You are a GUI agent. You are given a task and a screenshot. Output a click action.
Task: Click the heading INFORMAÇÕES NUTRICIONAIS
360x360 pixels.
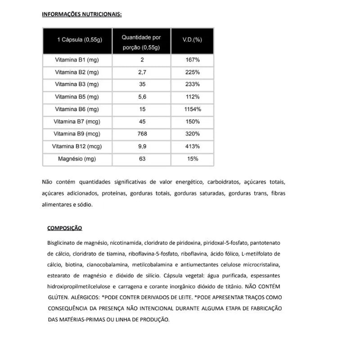click(81, 14)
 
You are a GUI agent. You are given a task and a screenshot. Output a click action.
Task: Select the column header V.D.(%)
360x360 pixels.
click(192, 40)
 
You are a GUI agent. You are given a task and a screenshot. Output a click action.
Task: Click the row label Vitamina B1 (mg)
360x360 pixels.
click(76, 60)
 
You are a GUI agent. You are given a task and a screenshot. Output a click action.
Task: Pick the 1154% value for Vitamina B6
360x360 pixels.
click(192, 109)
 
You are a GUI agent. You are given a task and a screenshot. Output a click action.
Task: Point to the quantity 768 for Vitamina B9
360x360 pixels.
click(142, 134)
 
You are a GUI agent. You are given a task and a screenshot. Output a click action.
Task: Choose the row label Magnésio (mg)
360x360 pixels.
click(76, 159)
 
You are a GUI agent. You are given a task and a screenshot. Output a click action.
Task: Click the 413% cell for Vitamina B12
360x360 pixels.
click(192, 146)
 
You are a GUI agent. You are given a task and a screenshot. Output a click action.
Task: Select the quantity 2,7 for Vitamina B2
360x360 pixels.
click(142, 72)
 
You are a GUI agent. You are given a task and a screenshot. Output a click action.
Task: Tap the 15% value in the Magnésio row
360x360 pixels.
click(192, 159)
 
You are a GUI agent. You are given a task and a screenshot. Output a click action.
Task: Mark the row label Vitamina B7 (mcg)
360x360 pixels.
click(76, 121)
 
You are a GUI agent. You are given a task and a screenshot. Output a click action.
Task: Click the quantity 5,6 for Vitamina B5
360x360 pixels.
click(142, 97)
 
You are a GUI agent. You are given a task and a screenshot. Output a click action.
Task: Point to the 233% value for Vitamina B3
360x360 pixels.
click(192, 85)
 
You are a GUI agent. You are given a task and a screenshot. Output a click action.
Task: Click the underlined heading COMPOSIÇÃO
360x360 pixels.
click(65, 228)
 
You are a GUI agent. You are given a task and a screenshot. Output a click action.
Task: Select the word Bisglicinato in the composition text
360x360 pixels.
click(62, 243)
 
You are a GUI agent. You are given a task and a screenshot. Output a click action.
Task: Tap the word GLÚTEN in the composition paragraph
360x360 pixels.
click(58, 297)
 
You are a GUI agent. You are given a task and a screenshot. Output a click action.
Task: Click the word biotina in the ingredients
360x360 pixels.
click(74, 265)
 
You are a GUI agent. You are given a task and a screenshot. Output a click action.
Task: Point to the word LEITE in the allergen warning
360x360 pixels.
click(184, 297)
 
